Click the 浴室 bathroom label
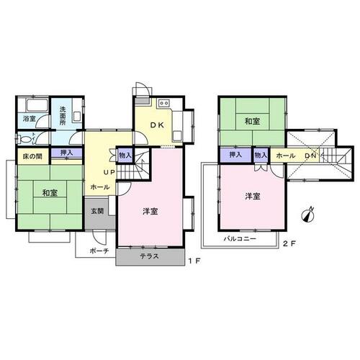point(30,119)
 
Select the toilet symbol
point(24,139)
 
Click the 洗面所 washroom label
point(63,116)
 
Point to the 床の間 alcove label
point(32,156)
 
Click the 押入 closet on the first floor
point(67,153)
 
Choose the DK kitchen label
point(157,125)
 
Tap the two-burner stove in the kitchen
point(164,103)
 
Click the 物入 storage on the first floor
point(125,156)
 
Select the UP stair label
point(109,172)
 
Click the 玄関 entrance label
point(97,211)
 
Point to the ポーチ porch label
point(99,251)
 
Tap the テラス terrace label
point(150,256)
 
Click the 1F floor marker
point(194,261)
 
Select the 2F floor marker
point(289,244)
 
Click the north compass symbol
point(308,215)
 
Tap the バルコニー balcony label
point(240,239)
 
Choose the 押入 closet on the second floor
point(235,155)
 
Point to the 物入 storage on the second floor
point(261,155)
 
